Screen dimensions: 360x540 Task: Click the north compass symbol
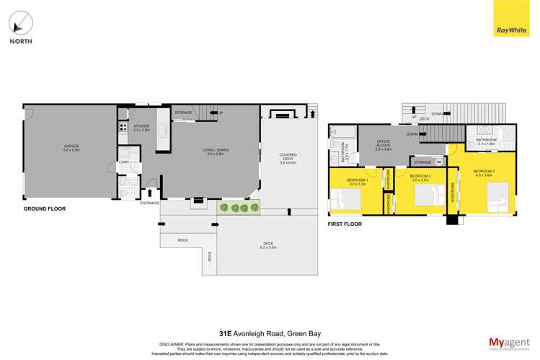pyautogui.click(x=20, y=22)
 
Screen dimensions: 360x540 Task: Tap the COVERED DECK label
pyautogui.click(x=288, y=157)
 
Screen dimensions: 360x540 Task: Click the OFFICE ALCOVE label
pyautogui.click(x=383, y=144)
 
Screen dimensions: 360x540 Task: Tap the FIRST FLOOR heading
pyautogui.click(x=345, y=224)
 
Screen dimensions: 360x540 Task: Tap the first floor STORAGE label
pyautogui.click(x=422, y=162)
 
